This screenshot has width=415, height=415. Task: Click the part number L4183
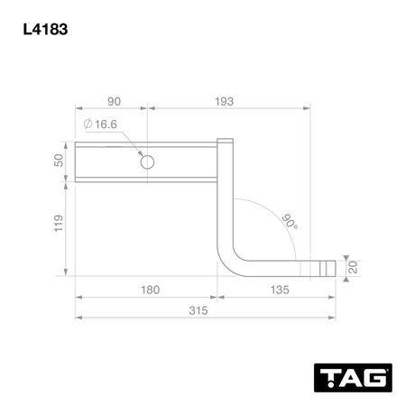point(45,30)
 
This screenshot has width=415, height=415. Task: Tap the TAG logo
point(353,378)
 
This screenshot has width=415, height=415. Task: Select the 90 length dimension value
point(115,102)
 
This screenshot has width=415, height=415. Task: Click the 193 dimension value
point(224,102)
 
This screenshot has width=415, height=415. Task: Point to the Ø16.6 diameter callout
point(100,124)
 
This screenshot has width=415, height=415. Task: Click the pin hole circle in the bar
point(147,162)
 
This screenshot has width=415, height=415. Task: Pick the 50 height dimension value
point(59,161)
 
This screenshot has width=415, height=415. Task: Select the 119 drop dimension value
point(59,223)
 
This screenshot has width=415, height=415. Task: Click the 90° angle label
point(290,222)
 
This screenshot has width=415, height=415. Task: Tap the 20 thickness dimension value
point(353,267)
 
